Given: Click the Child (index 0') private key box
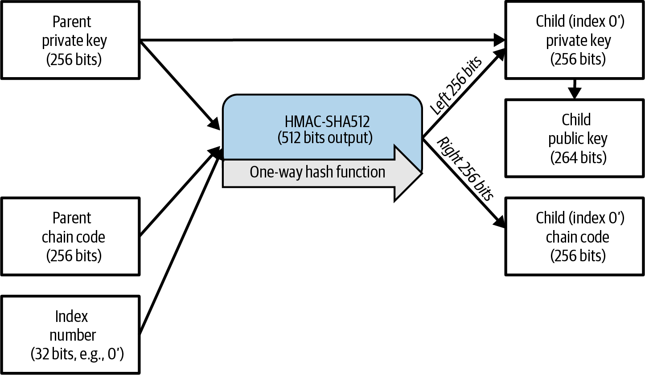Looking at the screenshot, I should [575, 40].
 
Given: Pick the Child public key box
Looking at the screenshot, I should [575, 138].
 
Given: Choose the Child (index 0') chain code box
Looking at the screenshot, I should [575, 236].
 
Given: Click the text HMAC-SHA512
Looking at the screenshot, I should [327, 122].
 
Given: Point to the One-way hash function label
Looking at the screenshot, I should [317, 172].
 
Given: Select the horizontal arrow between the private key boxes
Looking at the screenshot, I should [321, 40].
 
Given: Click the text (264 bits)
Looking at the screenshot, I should [578, 157].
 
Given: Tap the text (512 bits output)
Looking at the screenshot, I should [325, 138].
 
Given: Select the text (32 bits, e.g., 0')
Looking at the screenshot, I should [77, 354].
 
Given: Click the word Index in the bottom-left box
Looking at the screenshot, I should [71, 316].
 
